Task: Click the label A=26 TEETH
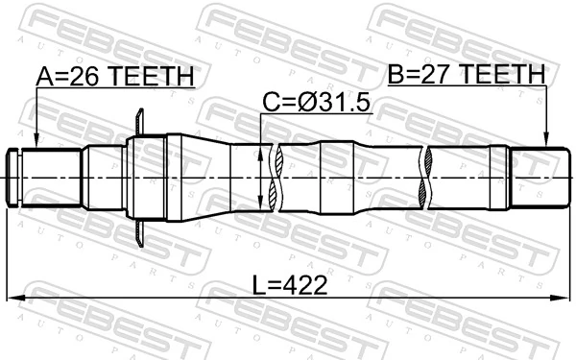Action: [x=114, y=76]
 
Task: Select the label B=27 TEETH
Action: [x=466, y=74]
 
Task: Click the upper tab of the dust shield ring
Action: [x=140, y=122]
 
